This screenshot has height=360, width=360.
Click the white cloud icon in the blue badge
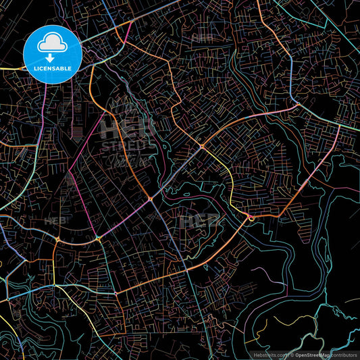[53, 43]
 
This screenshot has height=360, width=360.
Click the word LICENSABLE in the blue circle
[53, 68]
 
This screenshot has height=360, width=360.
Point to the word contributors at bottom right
[344, 354]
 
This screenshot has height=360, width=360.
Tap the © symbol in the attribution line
[291, 354]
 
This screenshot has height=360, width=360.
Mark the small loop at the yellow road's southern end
[251, 217]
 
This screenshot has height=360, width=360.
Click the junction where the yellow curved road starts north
[202, 146]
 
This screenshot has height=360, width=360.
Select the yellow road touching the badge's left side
[14, 69]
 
